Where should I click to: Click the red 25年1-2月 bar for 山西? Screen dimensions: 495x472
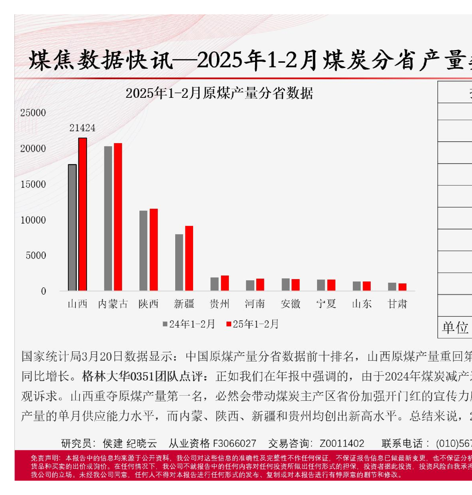(x=83, y=214)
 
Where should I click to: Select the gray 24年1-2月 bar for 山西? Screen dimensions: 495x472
(x=72, y=227)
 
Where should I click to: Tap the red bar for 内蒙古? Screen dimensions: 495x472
(x=118, y=217)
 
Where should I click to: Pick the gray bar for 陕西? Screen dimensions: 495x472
(x=143, y=250)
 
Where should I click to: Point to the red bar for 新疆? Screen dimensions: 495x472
(x=189, y=258)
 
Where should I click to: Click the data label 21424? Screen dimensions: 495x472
(x=82, y=128)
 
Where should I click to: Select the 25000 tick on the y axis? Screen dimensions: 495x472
(x=33, y=113)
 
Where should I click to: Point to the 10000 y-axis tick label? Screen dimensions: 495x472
(x=33, y=220)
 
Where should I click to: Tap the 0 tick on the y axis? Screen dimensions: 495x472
(x=43, y=291)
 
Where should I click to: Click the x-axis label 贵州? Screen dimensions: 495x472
(x=219, y=304)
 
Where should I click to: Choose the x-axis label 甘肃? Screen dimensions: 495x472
(x=397, y=304)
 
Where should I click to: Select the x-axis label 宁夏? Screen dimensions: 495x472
(x=326, y=304)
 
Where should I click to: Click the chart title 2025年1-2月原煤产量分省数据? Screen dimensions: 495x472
(x=219, y=93)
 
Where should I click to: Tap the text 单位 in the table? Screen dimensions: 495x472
(x=455, y=328)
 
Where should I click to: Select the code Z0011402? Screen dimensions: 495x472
(x=342, y=443)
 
